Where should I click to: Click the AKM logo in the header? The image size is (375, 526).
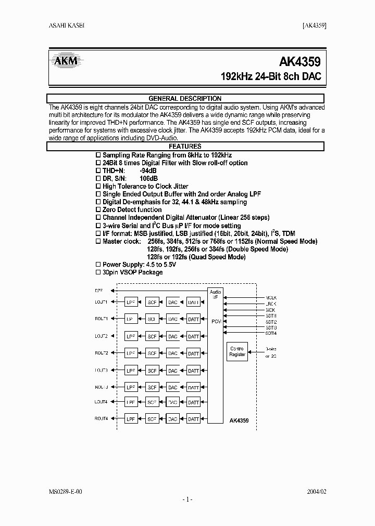tap(66, 62)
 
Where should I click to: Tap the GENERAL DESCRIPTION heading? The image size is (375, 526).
tap(185, 99)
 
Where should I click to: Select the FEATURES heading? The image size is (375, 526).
tap(185, 147)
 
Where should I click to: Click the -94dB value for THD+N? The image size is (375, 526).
tap(148, 170)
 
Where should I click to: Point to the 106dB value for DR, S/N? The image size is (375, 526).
tap(149, 178)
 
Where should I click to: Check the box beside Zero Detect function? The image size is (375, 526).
tap(98, 210)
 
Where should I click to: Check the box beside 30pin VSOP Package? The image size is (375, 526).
tap(98, 272)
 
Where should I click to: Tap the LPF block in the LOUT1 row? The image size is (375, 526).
tap(131, 302)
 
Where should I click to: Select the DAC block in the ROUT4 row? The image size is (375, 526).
tap(172, 419)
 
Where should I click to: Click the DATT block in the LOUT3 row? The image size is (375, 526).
tap(193, 371)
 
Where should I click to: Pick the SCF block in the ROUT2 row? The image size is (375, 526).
tap(152, 353)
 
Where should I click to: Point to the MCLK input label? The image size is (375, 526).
tap(271, 298)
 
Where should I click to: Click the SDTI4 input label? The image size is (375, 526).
tap(271, 333)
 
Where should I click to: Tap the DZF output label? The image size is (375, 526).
tap(99, 290)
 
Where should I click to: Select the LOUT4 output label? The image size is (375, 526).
tap(101, 402)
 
